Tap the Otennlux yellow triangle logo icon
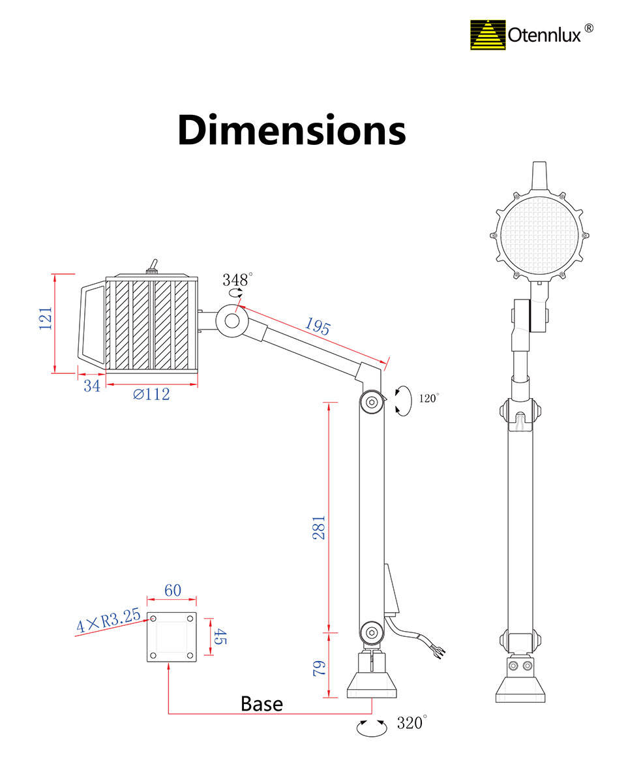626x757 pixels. [x=488, y=35]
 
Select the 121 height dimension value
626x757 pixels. [x=46, y=318]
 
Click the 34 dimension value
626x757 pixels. [x=92, y=386]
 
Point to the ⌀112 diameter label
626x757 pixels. [x=151, y=394]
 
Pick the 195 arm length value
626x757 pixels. [x=318, y=327]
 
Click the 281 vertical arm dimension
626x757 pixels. [x=320, y=528]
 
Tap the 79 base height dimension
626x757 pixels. [x=320, y=669]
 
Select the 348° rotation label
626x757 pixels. [x=237, y=279]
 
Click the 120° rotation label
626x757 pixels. [x=429, y=398]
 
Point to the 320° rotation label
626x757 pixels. [x=411, y=722]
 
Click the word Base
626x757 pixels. [x=261, y=704]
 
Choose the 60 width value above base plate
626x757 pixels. [x=173, y=590]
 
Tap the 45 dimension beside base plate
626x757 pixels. [x=220, y=636]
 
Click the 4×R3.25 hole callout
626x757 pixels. [x=109, y=620]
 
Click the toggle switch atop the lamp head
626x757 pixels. [x=152, y=267]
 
